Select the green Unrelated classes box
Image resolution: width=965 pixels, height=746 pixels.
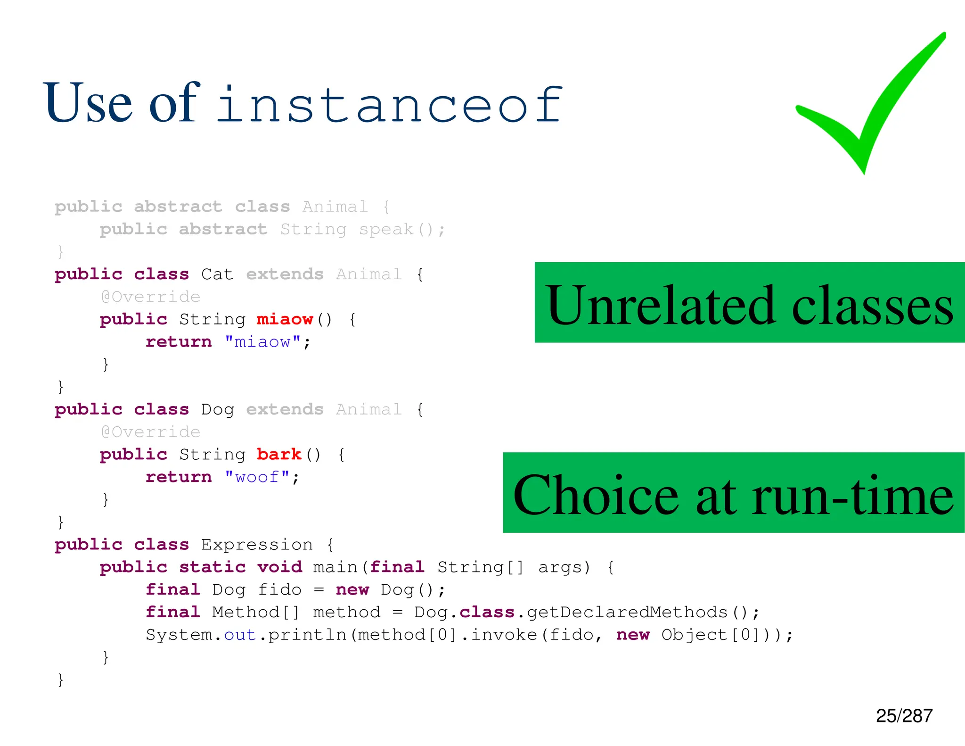coord(749,303)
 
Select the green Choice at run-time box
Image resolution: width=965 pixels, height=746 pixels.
coord(734,493)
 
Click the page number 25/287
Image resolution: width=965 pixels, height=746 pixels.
coord(904,716)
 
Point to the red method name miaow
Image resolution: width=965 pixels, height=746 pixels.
coord(285,319)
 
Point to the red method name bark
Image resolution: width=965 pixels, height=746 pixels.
coord(279,454)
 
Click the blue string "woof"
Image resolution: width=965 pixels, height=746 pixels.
coord(257,477)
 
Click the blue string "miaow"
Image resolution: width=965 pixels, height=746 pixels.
coord(262,341)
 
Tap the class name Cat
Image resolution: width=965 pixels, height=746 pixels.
coord(217,274)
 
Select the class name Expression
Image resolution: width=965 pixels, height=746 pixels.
coord(257,545)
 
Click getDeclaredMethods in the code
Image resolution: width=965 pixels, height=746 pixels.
coord(627,612)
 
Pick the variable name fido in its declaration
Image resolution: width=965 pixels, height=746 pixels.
coord(279,589)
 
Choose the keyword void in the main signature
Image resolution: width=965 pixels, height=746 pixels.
coord(279,567)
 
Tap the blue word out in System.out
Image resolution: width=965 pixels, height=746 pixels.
coord(240,635)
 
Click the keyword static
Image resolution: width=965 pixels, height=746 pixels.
coord(213,567)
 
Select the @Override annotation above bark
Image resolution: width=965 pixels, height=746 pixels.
coord(151,431)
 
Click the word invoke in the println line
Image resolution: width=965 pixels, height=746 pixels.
coord(504,635)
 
